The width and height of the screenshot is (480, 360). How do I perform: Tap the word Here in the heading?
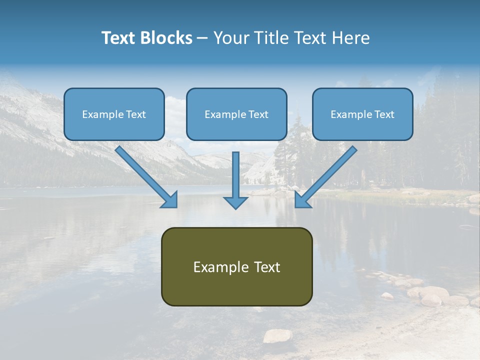351,38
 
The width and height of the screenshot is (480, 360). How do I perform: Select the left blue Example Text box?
114,114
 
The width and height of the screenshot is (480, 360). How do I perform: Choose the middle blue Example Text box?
236,114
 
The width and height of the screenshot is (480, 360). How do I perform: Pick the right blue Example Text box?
362,114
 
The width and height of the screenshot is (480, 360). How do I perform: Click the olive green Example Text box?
236,266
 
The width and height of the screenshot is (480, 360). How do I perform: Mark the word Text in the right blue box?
384,114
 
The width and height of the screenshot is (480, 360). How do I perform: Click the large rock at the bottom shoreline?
277,335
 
